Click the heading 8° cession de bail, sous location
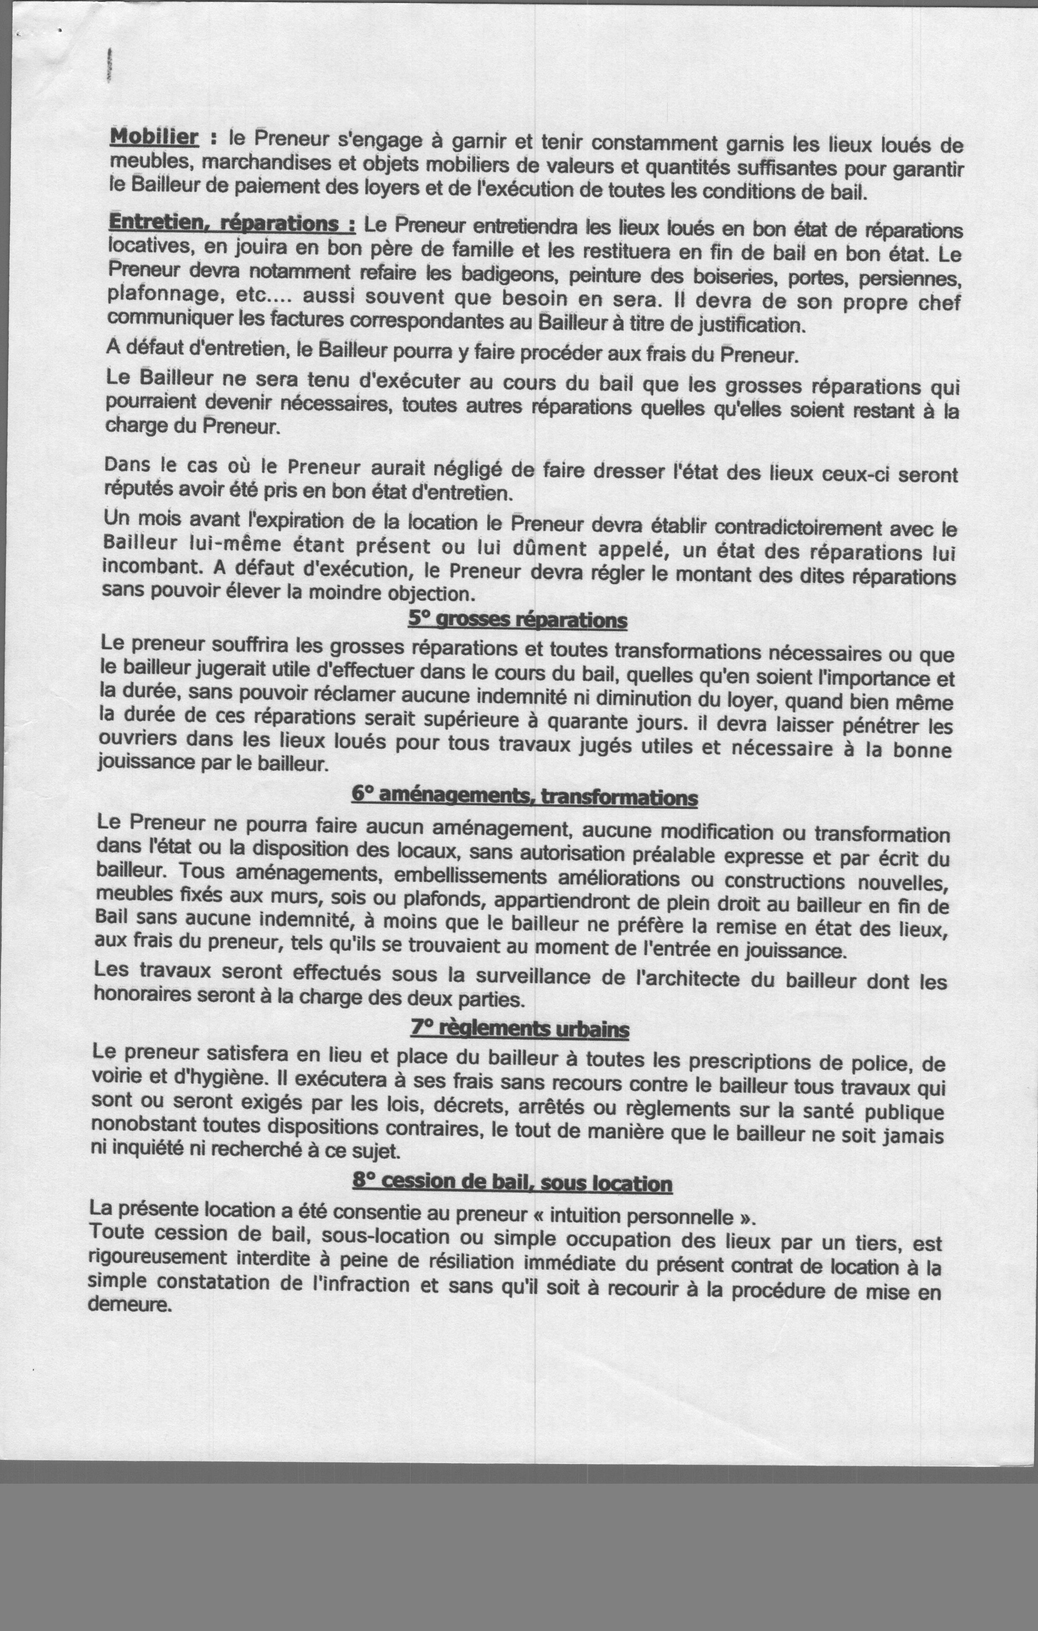[x=512, y=1183]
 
